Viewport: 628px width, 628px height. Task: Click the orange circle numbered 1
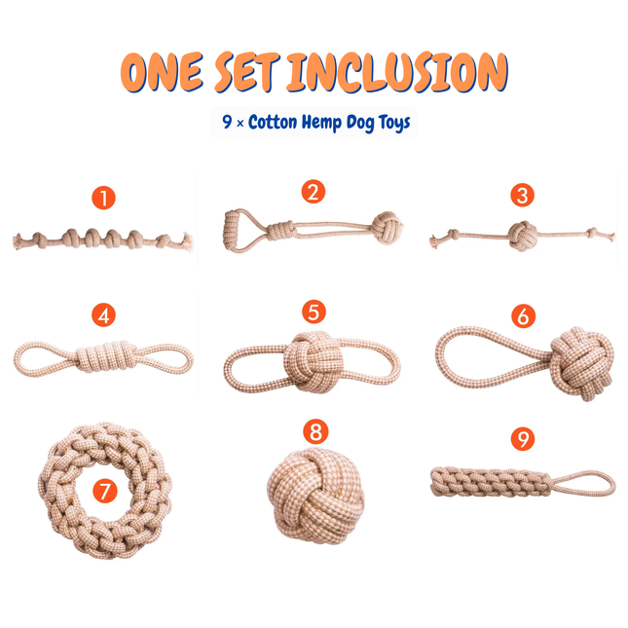[x=104, y=199]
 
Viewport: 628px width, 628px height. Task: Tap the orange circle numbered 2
[x=312, y=191]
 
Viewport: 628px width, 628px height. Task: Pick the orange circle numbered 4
[x=104, y=315]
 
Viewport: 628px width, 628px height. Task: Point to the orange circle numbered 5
[x=313, y=312]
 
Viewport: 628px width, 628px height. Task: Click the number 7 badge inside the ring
[x=104, y=491]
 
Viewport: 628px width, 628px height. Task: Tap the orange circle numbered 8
[x=314, y=429]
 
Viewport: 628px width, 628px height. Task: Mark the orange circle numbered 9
[x=525, y=440]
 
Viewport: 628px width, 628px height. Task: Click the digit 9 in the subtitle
[x=226, y=123]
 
